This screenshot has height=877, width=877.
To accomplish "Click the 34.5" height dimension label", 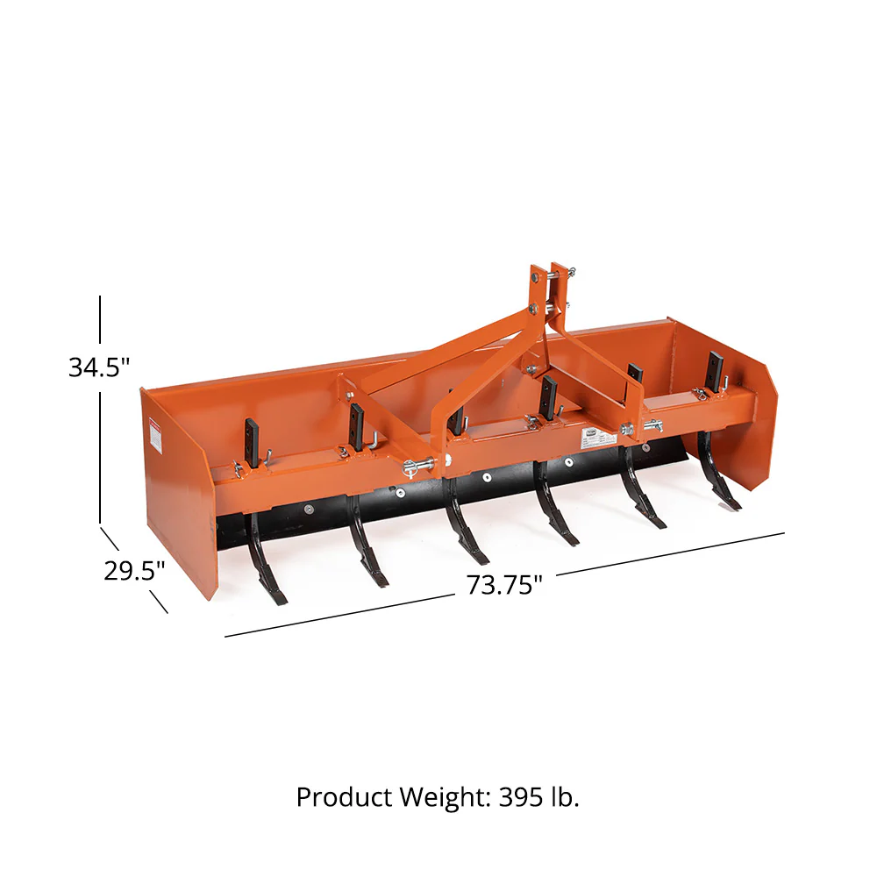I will coord(99,367).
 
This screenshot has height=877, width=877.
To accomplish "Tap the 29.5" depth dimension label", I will coord(134,571).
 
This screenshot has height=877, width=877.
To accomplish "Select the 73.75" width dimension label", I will coord(504,585).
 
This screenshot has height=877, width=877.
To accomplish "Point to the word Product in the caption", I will coord(344,796).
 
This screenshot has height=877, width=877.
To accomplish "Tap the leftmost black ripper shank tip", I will coord(276,599).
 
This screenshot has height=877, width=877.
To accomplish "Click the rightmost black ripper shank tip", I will coord(731,503).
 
